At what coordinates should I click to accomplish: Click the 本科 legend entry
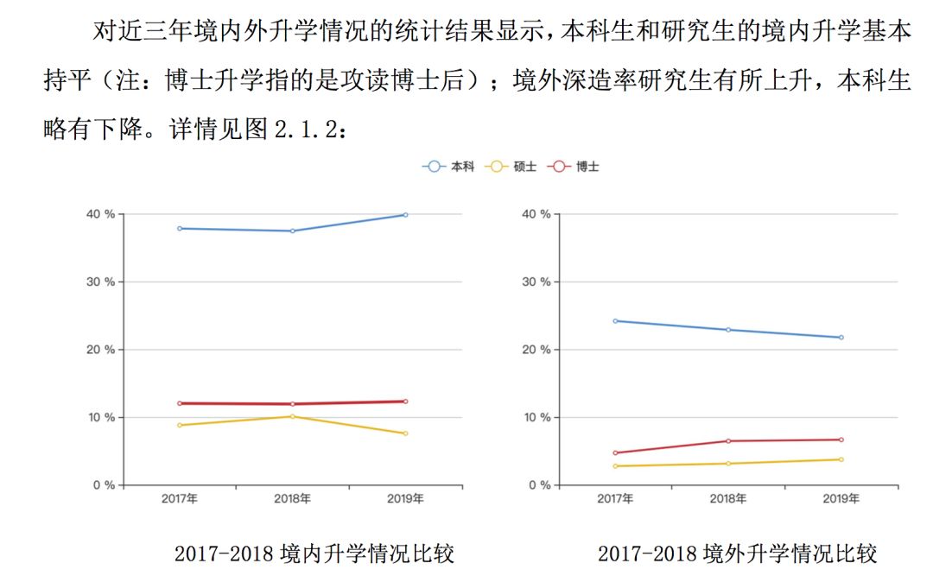[449, 167]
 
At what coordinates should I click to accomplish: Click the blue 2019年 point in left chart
[405, 215]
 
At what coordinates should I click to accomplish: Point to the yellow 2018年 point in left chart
[292, 416]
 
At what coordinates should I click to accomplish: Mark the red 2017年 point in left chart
[180, 403]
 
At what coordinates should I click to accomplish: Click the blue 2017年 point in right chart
[615, 320]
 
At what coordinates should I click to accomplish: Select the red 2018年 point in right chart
[728, 441]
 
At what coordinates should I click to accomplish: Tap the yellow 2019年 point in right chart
[841, 459]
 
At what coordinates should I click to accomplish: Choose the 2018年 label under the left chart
[292, 498]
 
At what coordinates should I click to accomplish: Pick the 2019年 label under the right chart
[841, 498]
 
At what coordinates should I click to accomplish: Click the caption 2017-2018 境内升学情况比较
[314, 554]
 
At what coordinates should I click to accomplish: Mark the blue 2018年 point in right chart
[728, 330]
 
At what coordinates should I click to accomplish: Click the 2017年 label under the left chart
[180, 498]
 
